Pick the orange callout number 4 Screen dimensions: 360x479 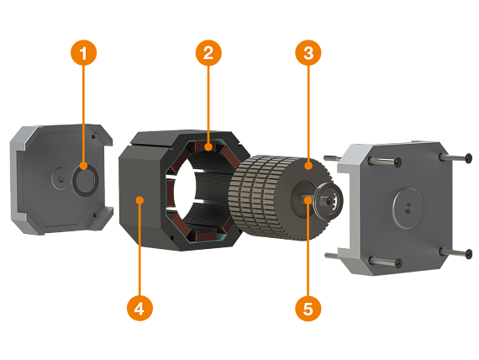tap(139, 308)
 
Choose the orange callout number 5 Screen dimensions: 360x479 tap(308, 308)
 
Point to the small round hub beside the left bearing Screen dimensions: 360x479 tap(59, 176)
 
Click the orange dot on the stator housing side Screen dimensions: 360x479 tap(139, 199)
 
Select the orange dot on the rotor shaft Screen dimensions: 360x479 tap(308, 199)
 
